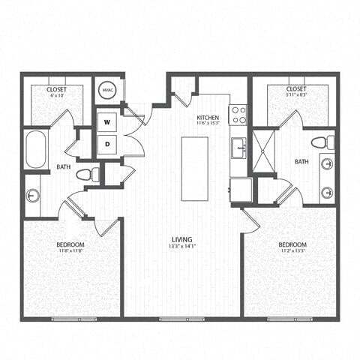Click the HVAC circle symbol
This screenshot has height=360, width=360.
click(x=107, y=89)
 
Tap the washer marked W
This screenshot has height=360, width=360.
click(x=107, y=121)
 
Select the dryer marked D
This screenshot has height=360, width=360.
click(x=107, y=142)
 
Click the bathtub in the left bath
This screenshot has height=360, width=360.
click(x=36, y=150)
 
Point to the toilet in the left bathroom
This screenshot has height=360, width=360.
click(x=86, y=174)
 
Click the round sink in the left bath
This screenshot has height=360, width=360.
click(x=33, y=196)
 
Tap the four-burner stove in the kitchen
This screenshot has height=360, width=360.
click(x=238, y=115)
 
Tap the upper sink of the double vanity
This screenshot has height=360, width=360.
click(x=326, y=163)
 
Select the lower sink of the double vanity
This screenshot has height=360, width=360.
click(x=326, y=192)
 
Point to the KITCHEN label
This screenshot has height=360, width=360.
click(x=208, y=118)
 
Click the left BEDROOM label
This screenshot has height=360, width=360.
click(x=70, y=245)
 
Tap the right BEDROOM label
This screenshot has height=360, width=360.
click(x=292, y=245)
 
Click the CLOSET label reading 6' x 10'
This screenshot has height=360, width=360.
click(x=57, y=89)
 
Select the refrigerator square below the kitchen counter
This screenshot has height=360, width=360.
click(x=240, y=190)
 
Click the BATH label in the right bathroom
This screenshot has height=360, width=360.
click(x=301, y=161)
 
